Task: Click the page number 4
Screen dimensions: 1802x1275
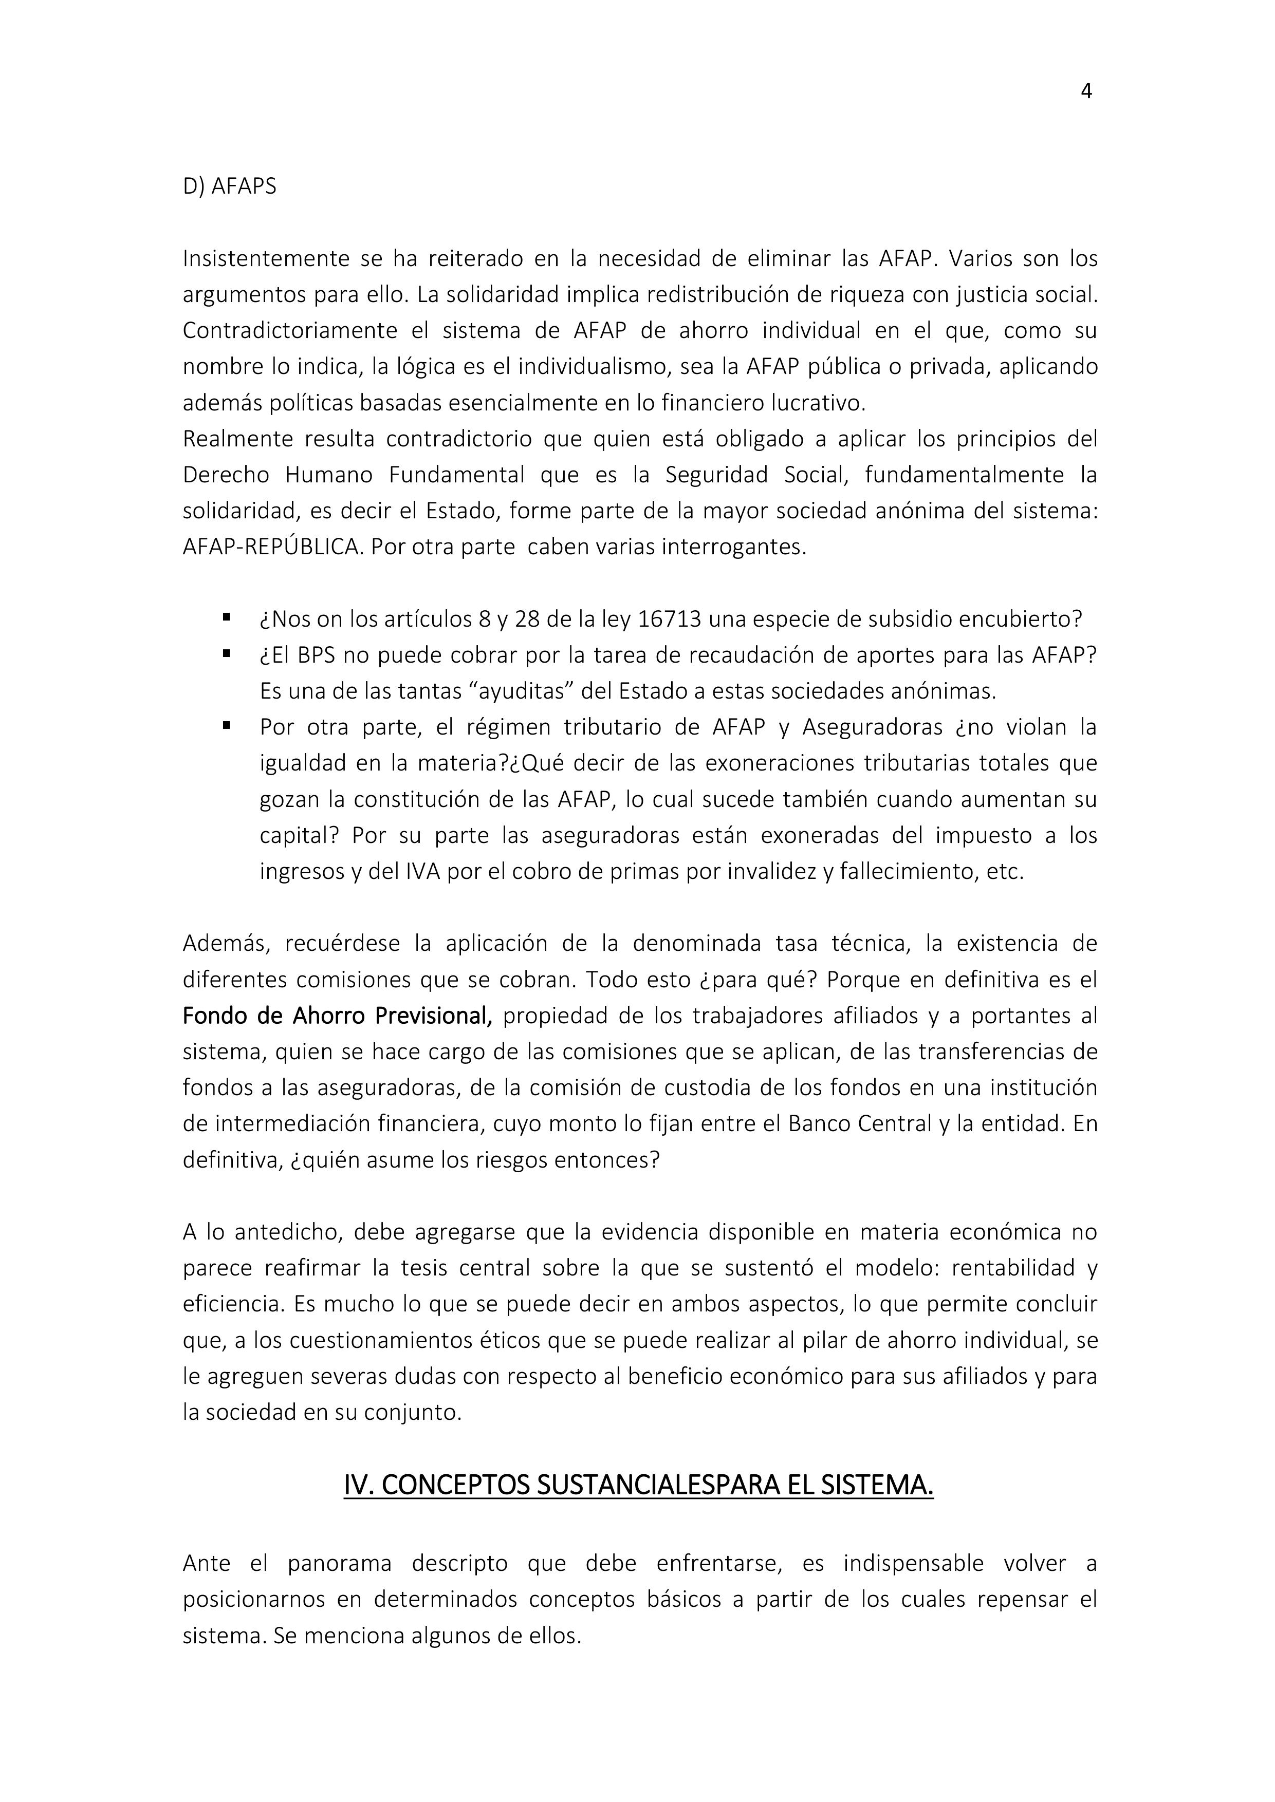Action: coord(1086,92)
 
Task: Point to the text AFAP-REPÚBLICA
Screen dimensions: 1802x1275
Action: coord(271,547)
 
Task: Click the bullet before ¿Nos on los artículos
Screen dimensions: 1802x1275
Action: coord(227,617)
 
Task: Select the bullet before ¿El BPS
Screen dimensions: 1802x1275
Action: coord(227,653)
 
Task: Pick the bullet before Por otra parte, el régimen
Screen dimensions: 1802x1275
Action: coord(227,725)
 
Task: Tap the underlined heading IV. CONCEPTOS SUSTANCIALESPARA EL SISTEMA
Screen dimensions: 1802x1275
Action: coord(638,1486)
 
